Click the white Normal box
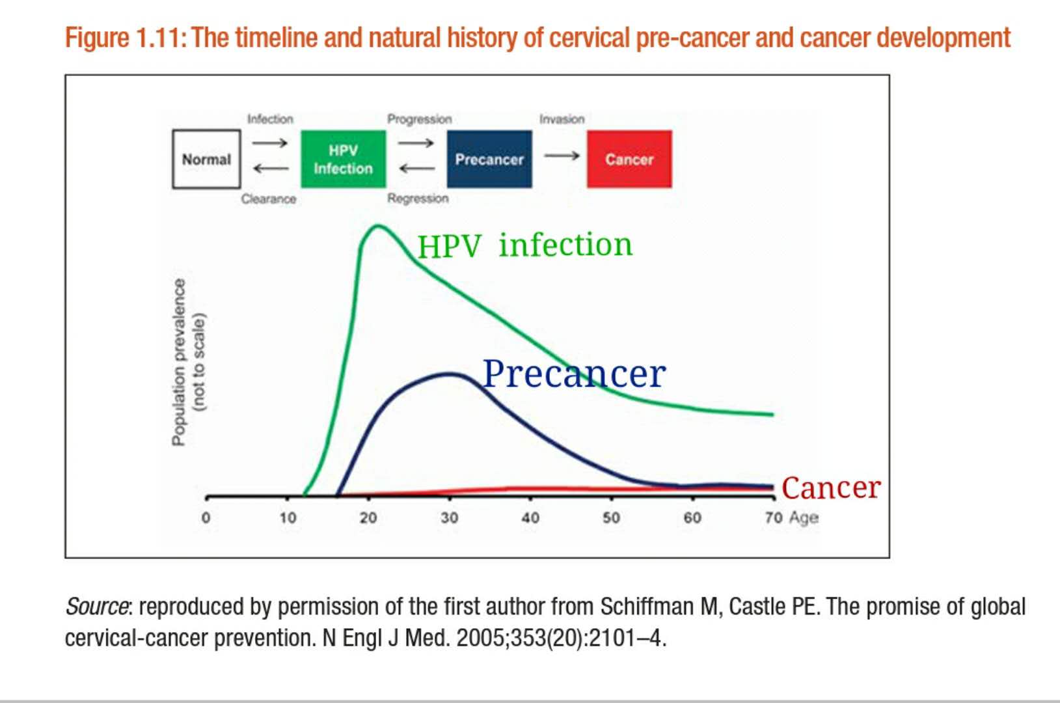coord(206,159)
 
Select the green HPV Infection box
coord(343,159)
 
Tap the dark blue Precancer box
coord(489,159)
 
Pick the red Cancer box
coord(629,159)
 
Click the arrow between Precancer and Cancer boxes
coord(562,156)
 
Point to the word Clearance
coord(268,199)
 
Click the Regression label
coord(418,199)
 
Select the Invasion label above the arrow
coord(562,119)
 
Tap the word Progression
coord(419,119)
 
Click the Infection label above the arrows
coord(270,119)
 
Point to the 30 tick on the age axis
coord(449,517)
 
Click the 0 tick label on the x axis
coord(206,518)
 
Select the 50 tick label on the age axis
coord(611,517)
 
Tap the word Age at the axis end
coord(804,517)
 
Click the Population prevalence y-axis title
coord(178,362)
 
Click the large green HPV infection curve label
coord(524,245)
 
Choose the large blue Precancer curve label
coord(574,374)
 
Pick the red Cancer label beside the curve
coord(831,488)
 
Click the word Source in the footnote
coord(96,607)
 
